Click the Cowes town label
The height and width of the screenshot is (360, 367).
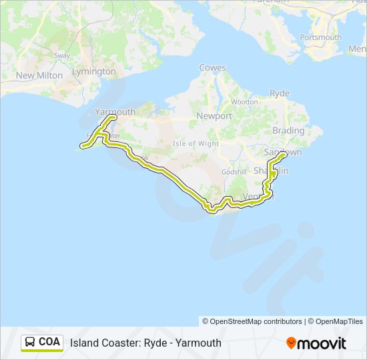[x=213, y=68]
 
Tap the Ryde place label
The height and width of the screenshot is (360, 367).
[x=280, y=93]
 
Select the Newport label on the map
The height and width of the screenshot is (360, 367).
[x=214, y=116]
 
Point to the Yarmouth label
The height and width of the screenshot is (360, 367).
[x=115, y=112]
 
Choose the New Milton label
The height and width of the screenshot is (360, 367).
[x=39, y=76]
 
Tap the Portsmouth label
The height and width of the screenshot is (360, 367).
[x=321, y=37]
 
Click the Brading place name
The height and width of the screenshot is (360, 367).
[x=288, y=131]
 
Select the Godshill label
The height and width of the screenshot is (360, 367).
[x=234, y=171]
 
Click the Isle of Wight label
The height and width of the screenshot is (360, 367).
[x=196, y=143]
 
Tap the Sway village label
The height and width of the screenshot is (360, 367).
[x=62, y=55]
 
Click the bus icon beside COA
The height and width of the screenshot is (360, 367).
[x=31, y=342]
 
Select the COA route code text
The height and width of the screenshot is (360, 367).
[x=49, y=342]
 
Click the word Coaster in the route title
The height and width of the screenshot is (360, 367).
[x=122, y=343]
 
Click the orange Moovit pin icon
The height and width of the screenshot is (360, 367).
[x=291, y=343]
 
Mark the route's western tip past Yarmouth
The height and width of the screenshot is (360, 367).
[x=82, y=145]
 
